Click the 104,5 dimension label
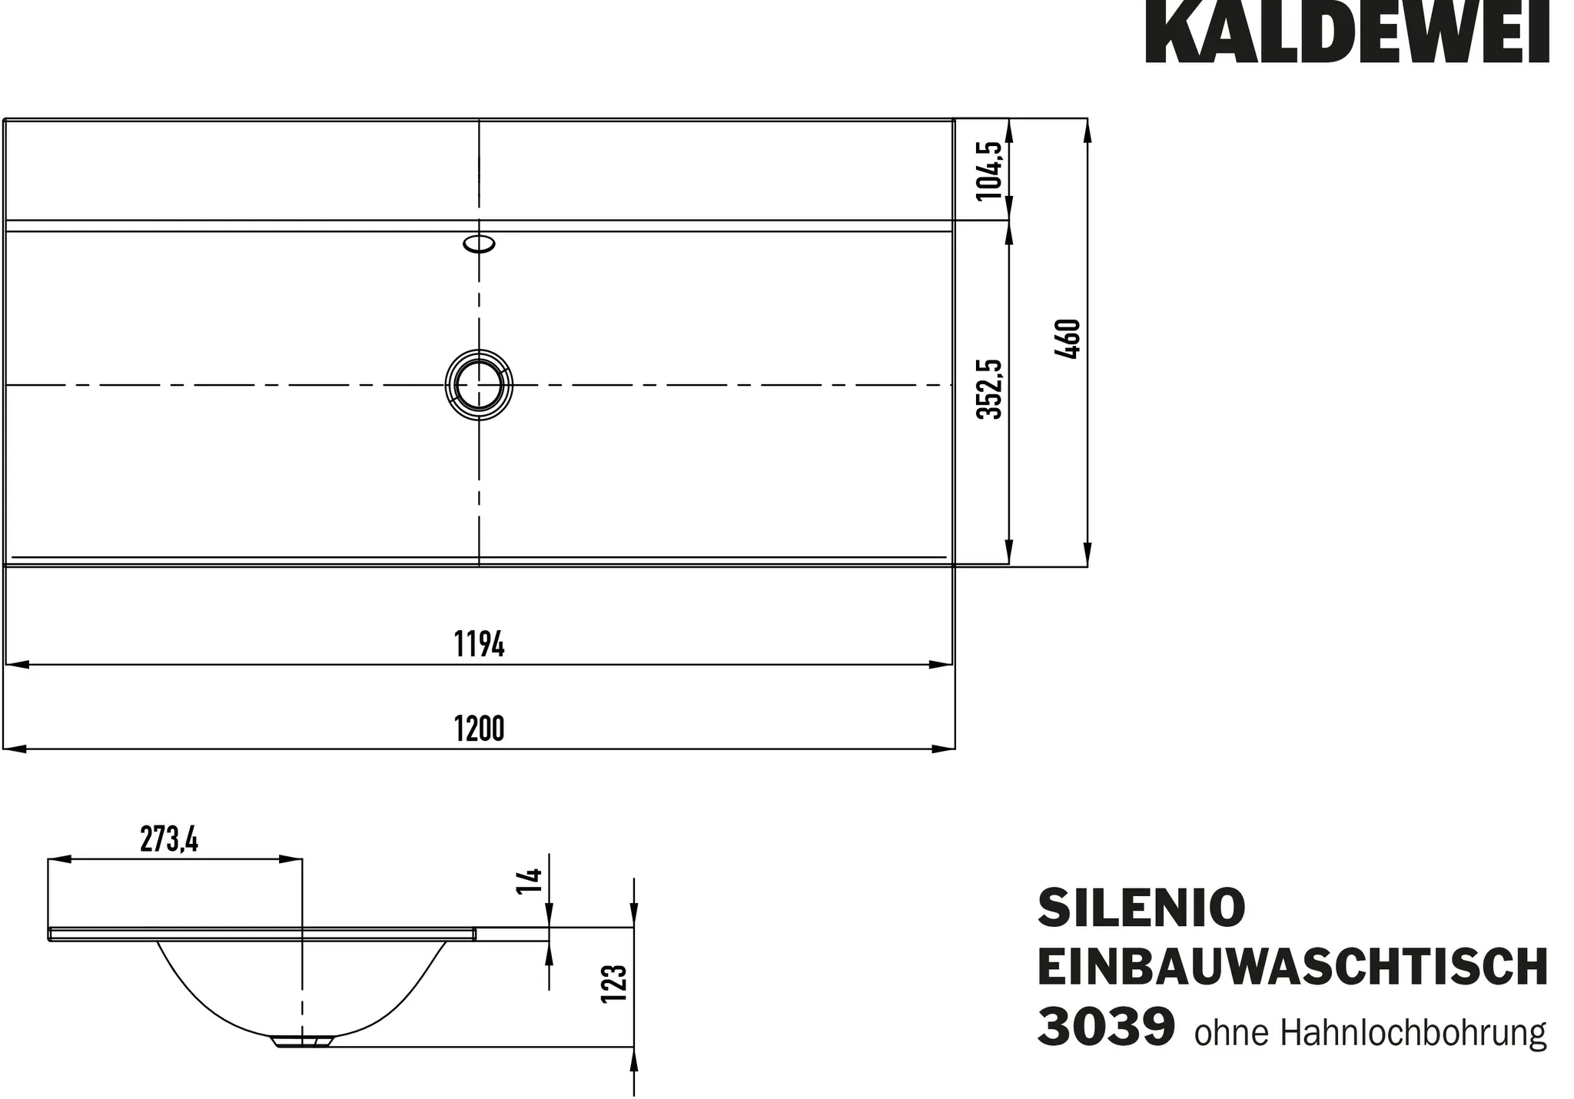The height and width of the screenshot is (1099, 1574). point(989,171)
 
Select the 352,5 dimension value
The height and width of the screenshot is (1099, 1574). point(989,389)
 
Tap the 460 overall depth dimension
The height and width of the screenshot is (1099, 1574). point(1069,339)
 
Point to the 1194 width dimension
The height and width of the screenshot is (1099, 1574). point(479,644)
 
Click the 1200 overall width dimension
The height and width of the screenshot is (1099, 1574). point(479,729)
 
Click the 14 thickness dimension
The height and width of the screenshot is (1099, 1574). point(531,879)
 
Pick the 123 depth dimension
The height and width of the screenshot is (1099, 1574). point(615,984)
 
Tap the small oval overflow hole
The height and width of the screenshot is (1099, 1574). point(479,244)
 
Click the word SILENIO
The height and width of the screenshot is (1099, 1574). point(1141,908)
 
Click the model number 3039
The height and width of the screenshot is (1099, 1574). point(1106,1028)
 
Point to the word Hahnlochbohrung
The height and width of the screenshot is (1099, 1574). point(1413,1034)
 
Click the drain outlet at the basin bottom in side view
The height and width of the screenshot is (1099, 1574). point(302,1042)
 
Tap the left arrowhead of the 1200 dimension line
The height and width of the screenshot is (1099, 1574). point(15,749)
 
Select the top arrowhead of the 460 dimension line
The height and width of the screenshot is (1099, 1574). point(1088,132)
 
